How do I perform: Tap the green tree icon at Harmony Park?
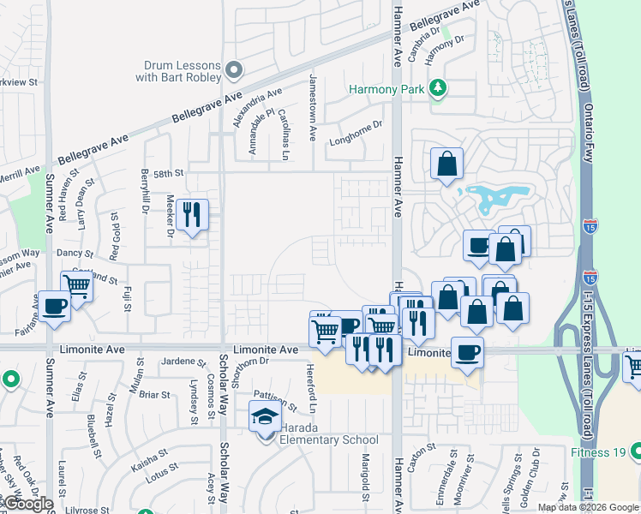click(438, 87)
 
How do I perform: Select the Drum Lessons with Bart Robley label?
click(183, 72)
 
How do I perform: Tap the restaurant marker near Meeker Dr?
click(192, 215)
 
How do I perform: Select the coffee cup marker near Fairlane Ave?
click(54, 306)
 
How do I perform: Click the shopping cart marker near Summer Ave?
click(77, 286)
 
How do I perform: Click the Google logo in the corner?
click(27, 504)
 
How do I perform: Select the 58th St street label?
click(168, 173)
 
